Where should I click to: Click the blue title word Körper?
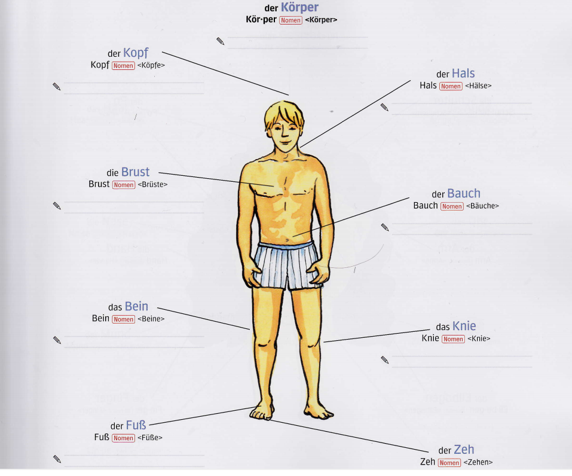pos(299,8)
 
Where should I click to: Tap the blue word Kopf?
pos(136,53)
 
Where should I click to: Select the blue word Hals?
pos(463,74)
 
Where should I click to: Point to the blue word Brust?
pos(135,172)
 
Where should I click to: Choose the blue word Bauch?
pos(464,194)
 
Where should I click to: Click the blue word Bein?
pos(136,307)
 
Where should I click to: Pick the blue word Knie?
pos(464,326)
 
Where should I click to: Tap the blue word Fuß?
pos(136,425)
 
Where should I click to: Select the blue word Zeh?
pos(464,450)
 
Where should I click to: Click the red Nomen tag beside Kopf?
pos(124,66)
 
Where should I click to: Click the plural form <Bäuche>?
pos(483,206)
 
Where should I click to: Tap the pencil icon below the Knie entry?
pos(385,359)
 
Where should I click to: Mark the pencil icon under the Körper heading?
pos(221,41)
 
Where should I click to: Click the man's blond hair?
pos(284,112)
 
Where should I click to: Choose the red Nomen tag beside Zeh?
pos(449,463)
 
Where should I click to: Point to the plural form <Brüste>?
pos(152,185)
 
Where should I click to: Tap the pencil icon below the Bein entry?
pos(57,340)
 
